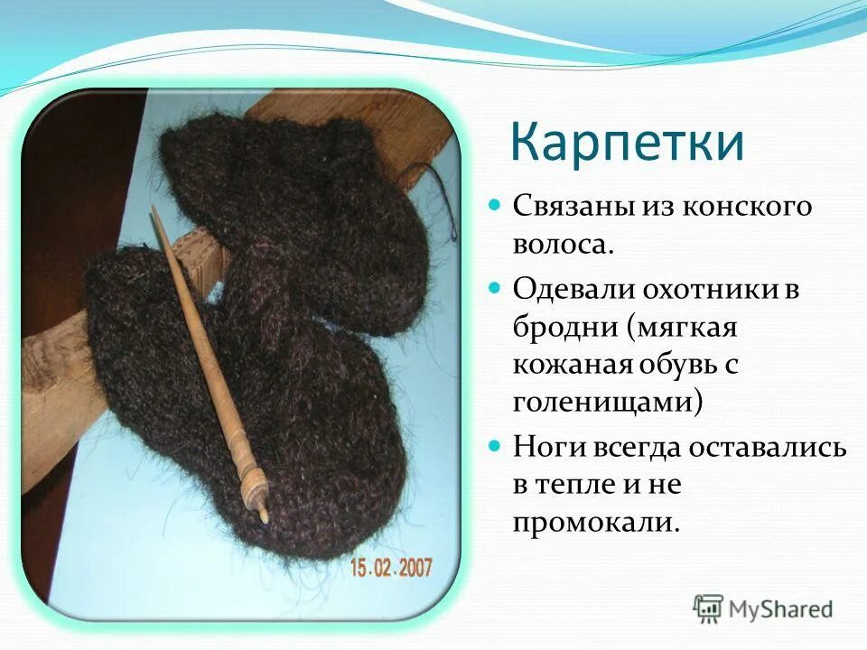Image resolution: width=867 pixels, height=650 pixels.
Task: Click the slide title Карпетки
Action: coord(628,144)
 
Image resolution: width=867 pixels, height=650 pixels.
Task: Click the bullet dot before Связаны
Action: coord(494,206)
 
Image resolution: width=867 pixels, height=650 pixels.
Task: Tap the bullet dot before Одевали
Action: coord(494,290)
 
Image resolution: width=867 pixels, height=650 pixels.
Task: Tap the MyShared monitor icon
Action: coord(708,608)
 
